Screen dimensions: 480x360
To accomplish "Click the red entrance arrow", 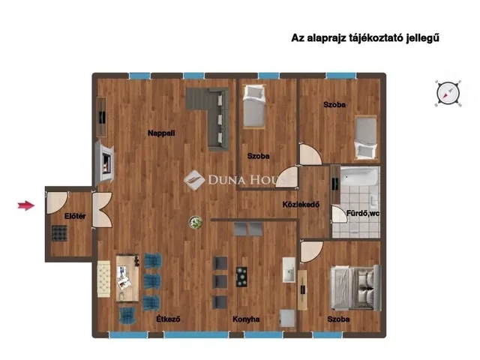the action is [x=25, y=205].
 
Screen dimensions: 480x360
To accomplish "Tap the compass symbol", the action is [x=448, y=93].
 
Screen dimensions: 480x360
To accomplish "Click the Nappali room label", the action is [x=161, y=133].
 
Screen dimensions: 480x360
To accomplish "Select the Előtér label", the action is [x=75, y=216].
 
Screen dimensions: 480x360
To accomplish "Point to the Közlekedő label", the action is [x=301, y=204].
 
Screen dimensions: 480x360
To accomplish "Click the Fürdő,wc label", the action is [x=363, y=213].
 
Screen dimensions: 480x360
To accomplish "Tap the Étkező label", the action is [x=168, y=319].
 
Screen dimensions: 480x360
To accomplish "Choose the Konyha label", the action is [x=246, y=319].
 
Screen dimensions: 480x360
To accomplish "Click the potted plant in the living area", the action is [x=196, y=222].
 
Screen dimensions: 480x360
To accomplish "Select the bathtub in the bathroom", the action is [x=360, y=176].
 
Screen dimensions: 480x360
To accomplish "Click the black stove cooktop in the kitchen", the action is [x=241, y=277].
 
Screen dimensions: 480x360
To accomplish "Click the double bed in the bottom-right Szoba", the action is [x=355, y=288].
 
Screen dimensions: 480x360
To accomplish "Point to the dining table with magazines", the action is [x=127, y=278].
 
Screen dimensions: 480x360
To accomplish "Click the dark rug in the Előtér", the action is [x=59, y=233].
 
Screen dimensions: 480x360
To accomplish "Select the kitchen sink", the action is [x=289, y=270].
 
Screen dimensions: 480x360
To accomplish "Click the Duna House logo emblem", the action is [x=194, y=180].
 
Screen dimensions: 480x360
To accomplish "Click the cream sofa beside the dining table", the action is [x=103, y=279].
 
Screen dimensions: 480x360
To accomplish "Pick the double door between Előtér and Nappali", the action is [x=102, y=210].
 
